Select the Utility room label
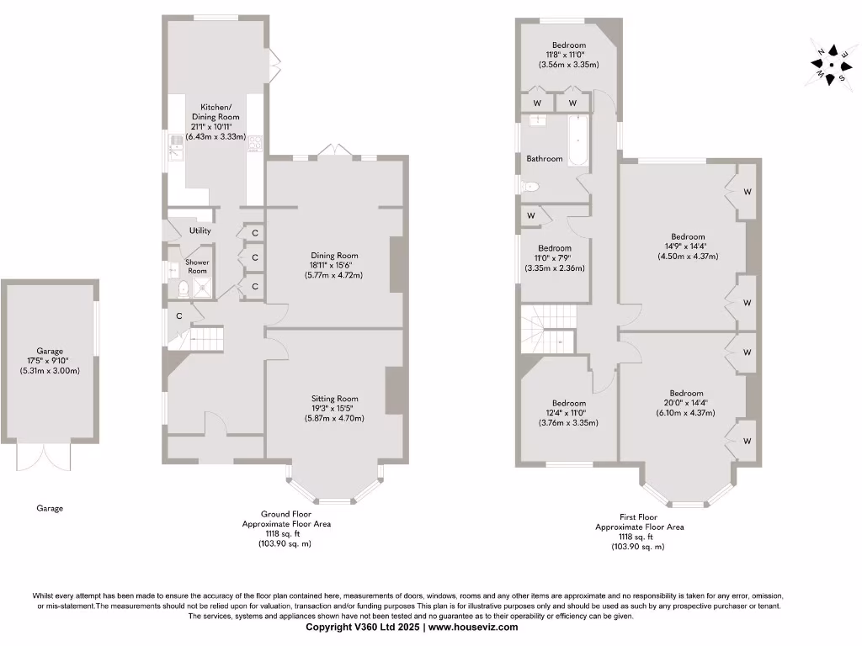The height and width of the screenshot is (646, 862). pos(200,230)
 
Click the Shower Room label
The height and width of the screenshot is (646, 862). pos(197,267)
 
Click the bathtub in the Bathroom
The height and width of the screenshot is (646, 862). pos(579,140)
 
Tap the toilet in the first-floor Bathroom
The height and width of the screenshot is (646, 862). pos(529,187)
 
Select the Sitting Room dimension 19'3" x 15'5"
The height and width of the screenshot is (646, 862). pos(334,408)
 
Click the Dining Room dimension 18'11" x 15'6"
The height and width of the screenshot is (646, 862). pos(334,265)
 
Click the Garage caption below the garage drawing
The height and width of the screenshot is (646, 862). pos(50,508)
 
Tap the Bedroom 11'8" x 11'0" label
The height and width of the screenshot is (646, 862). pos(568,55)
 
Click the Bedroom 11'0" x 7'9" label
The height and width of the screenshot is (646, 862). pos(555,258)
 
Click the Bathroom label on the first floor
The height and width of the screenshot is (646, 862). pos(544,159)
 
